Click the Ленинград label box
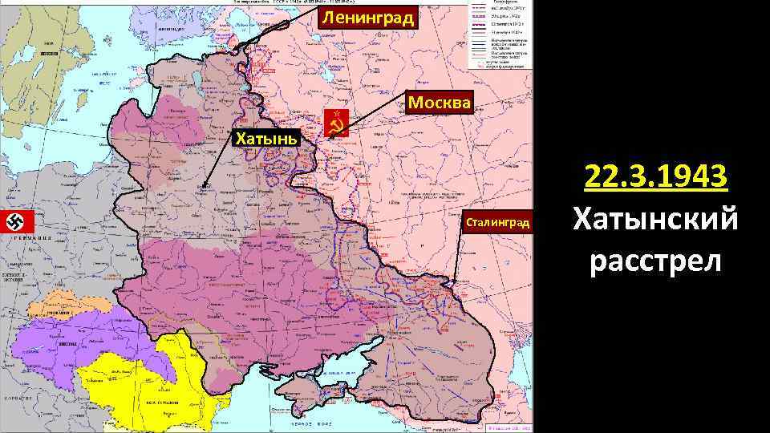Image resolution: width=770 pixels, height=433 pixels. click(368, 18)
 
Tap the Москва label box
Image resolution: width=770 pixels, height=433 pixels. click(440, 103)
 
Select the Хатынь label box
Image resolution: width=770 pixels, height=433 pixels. click(265, 139)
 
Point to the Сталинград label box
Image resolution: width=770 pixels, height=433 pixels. click(496, 221)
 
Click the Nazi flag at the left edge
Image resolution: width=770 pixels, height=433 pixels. click(15, 221)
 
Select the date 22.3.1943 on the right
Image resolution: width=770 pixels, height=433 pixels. click(656, 176)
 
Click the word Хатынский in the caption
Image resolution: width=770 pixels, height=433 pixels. click(656, 219)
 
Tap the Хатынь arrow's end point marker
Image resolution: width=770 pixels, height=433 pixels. click(205, 186)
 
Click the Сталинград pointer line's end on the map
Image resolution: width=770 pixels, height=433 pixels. click(452, 282)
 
